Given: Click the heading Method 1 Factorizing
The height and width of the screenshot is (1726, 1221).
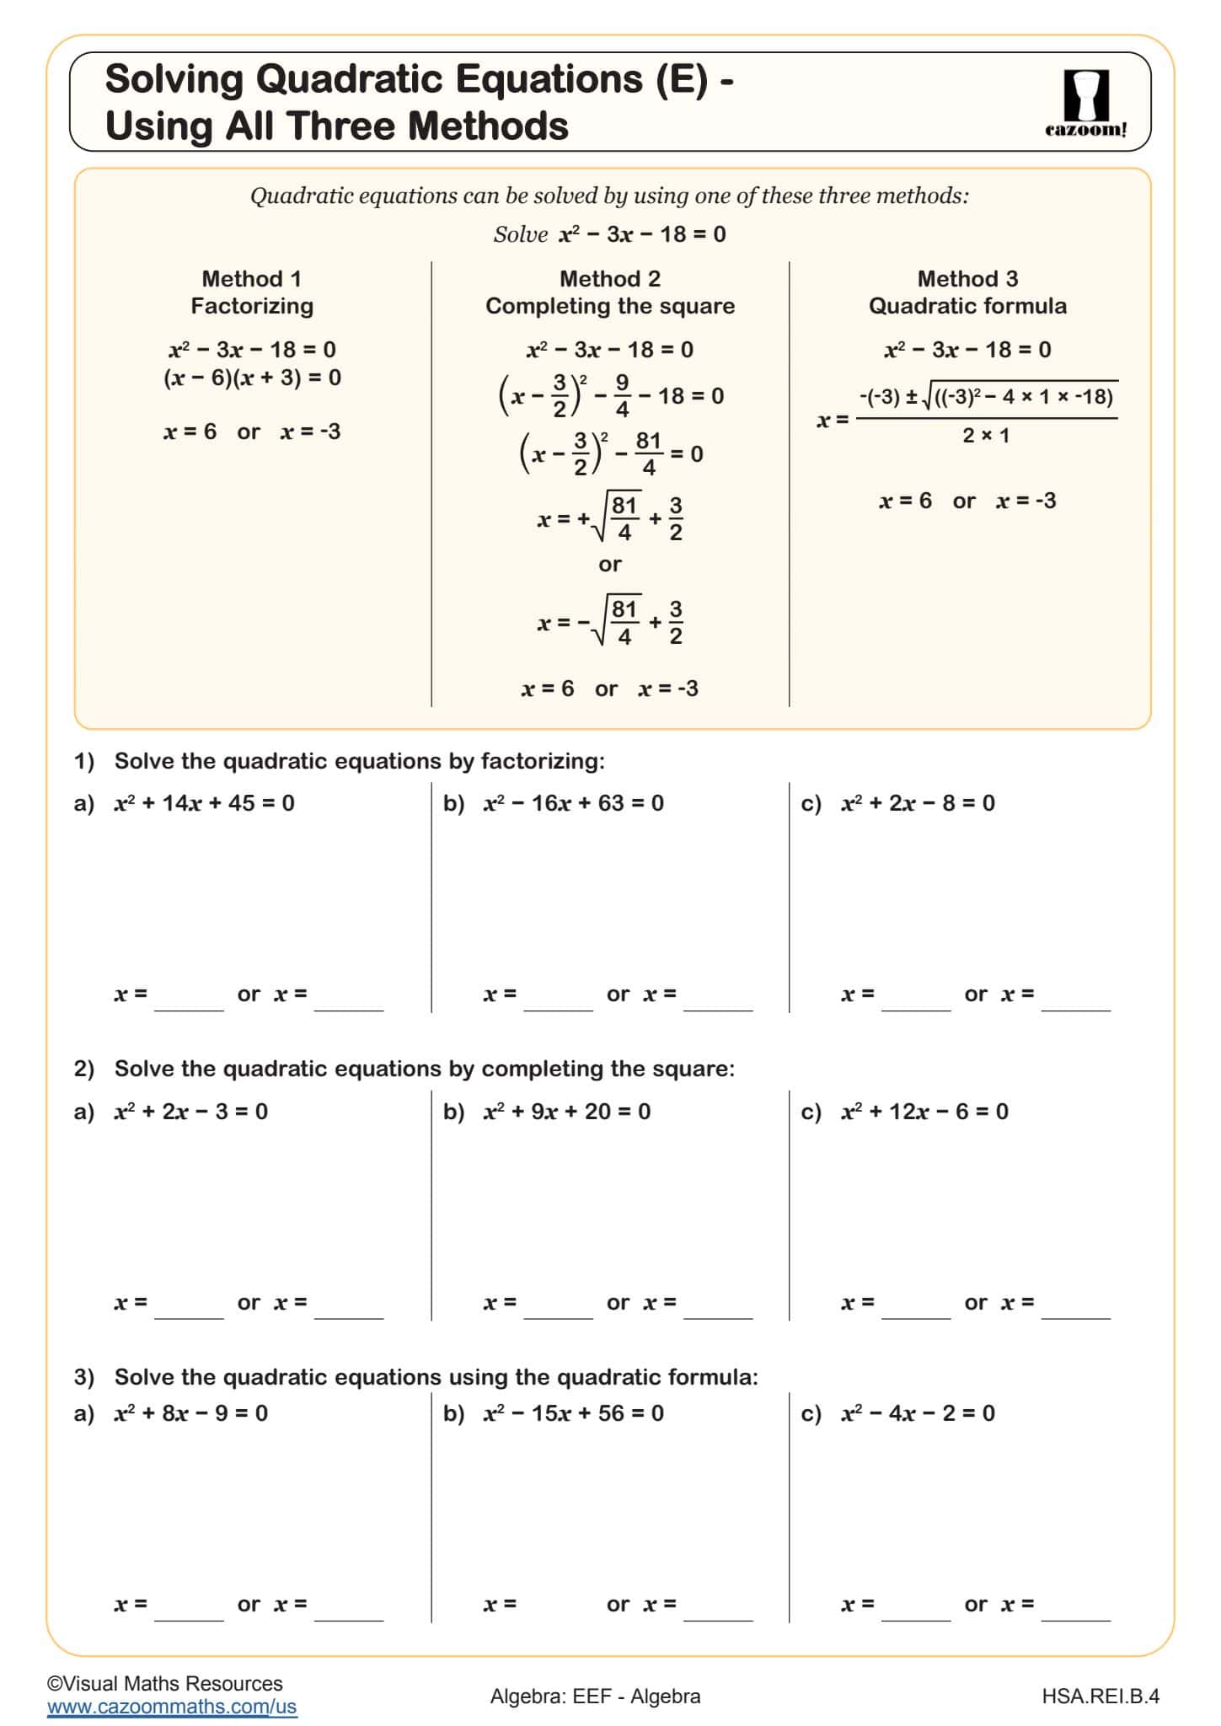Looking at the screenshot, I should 251,292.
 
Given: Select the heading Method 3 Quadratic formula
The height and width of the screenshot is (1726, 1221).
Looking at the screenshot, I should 967,292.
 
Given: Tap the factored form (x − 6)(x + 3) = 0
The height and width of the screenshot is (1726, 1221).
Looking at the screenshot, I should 252,378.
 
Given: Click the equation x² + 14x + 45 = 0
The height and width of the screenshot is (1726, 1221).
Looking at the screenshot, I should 205,803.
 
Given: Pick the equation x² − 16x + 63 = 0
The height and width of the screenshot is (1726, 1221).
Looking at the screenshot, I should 574,803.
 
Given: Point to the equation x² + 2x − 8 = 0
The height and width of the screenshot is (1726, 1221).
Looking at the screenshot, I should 918,803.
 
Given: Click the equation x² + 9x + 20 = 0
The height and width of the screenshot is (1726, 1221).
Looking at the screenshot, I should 567,1112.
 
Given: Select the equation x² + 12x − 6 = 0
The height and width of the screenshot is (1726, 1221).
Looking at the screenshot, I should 924,1112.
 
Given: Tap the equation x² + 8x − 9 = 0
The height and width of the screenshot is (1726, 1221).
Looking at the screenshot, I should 191,1413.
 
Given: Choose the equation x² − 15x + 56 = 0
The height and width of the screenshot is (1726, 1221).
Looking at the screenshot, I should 574,1413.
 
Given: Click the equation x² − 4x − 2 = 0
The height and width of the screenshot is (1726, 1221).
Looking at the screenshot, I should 918,1413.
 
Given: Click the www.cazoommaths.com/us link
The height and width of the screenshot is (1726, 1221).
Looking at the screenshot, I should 172,1707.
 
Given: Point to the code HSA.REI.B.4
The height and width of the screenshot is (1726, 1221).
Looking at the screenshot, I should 1101,1696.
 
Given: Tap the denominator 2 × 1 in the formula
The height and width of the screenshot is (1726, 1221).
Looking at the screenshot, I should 986,436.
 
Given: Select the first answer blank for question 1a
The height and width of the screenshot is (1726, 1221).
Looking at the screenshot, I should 190,1001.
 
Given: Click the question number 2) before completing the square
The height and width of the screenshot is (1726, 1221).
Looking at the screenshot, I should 84,1069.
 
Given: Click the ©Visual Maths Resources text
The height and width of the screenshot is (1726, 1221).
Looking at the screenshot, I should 165,1683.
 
